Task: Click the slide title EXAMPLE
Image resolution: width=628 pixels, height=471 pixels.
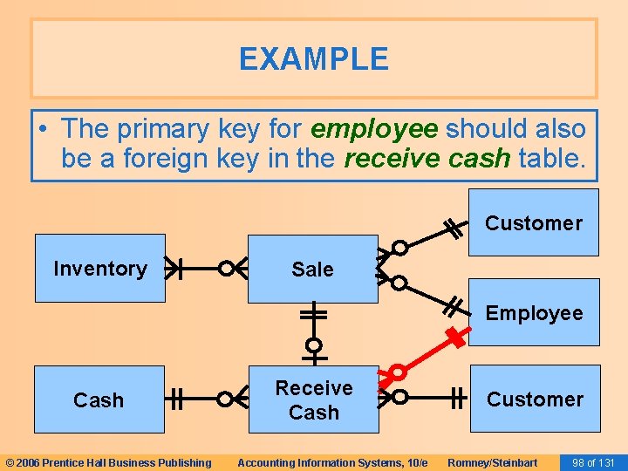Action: tap(313, 59)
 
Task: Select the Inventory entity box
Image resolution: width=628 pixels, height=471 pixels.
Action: tap(99, 268)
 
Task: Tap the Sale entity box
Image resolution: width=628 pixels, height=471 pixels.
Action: tap(312, 269)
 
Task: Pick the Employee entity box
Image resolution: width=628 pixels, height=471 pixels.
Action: tap(533, 312)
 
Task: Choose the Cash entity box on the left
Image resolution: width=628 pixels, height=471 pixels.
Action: tap(99, 399)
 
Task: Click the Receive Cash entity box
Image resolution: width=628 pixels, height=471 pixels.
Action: tap(313, 399)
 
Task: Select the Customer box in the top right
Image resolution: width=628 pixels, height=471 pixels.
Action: tap(533, 222)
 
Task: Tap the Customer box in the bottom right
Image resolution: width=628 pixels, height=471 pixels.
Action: tap(535, 399)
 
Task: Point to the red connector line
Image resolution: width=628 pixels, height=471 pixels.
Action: tap(427, 355)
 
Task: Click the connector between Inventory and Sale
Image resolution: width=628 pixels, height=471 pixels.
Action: tap(206, 268)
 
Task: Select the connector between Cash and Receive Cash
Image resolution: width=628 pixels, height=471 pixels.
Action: tap(206, 399)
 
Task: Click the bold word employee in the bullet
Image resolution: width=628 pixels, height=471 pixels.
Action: tap(373, 129)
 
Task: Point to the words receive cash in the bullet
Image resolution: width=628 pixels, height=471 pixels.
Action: tap(427, 160)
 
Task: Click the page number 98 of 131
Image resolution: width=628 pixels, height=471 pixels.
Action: tap(592, 462)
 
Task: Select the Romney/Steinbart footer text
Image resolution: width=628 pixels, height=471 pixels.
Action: tap(492, 462)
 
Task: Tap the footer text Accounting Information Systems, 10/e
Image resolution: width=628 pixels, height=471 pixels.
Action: tap(332, 462)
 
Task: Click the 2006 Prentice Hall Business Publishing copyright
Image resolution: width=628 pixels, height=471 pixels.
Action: tap(108, 462)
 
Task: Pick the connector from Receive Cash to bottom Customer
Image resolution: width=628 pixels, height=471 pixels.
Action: tap(427, 399)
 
